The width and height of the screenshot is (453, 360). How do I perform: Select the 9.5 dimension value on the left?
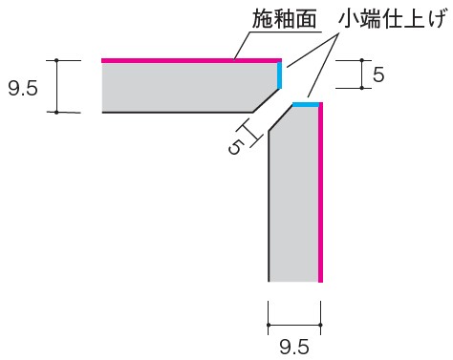click(23, 87)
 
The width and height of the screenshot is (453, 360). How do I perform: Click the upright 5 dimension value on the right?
click(378, 74)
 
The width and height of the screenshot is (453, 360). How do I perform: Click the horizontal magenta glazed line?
click(191, 60)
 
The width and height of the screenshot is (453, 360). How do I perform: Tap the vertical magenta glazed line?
click(321, 191)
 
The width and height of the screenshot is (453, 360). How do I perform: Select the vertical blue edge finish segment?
click(280, 74)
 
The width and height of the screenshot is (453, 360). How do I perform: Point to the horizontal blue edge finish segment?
click(306, 103)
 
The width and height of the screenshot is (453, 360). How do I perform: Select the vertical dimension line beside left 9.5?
click(56, 86)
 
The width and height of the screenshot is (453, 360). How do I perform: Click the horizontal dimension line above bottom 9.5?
click(294, 326)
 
